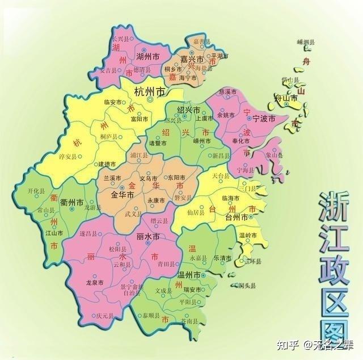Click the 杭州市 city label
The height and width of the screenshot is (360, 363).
tap(150, 91)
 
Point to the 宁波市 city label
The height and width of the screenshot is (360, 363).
tap(263, 119)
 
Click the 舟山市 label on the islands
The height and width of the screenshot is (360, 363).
tap(286, 98)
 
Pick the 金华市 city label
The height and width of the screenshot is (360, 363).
tap(122, 194)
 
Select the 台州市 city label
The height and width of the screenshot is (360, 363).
tap(237, 217)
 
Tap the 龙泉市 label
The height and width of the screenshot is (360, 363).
tap(94, 282)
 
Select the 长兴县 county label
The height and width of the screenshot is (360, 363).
tap(121, 39)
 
